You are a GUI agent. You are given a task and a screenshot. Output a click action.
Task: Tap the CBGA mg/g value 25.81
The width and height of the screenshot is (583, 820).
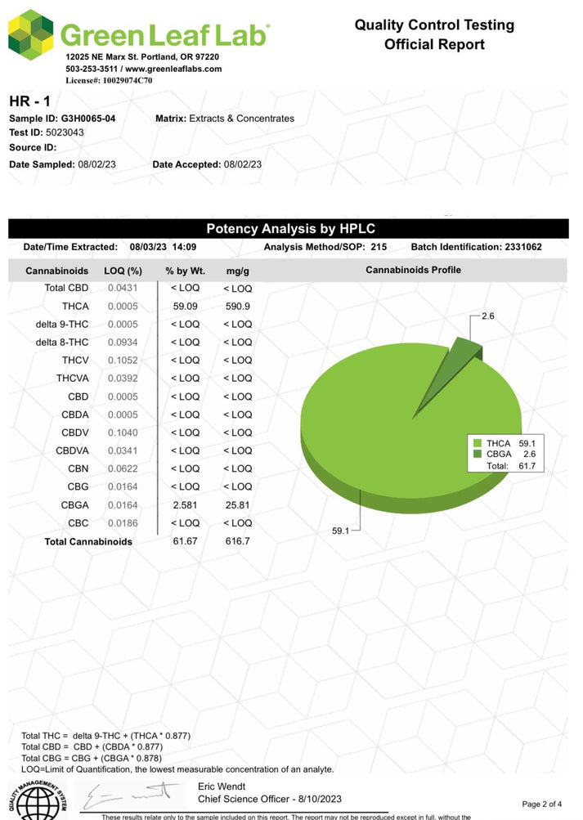click(x=237, y=505)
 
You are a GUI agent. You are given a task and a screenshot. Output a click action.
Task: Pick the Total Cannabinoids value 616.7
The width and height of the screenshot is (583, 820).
click(x=237, y=541)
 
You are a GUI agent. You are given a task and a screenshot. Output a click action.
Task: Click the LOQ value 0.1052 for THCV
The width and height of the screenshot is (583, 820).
click(x=124, y=361)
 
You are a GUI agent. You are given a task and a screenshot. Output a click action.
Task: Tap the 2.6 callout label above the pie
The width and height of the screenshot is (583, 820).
click(x=488, y=315)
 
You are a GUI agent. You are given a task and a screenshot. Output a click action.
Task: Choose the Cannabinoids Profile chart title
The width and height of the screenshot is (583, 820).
click(x=413, y=270)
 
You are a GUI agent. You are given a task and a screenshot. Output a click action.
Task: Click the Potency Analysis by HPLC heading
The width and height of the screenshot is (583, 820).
click(x=290, y=229)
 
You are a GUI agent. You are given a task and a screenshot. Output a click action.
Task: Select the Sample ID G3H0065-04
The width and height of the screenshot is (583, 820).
click(x=88, y=119)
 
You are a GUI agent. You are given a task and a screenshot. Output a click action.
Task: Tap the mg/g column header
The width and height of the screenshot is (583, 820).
click(x=237, y=270)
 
